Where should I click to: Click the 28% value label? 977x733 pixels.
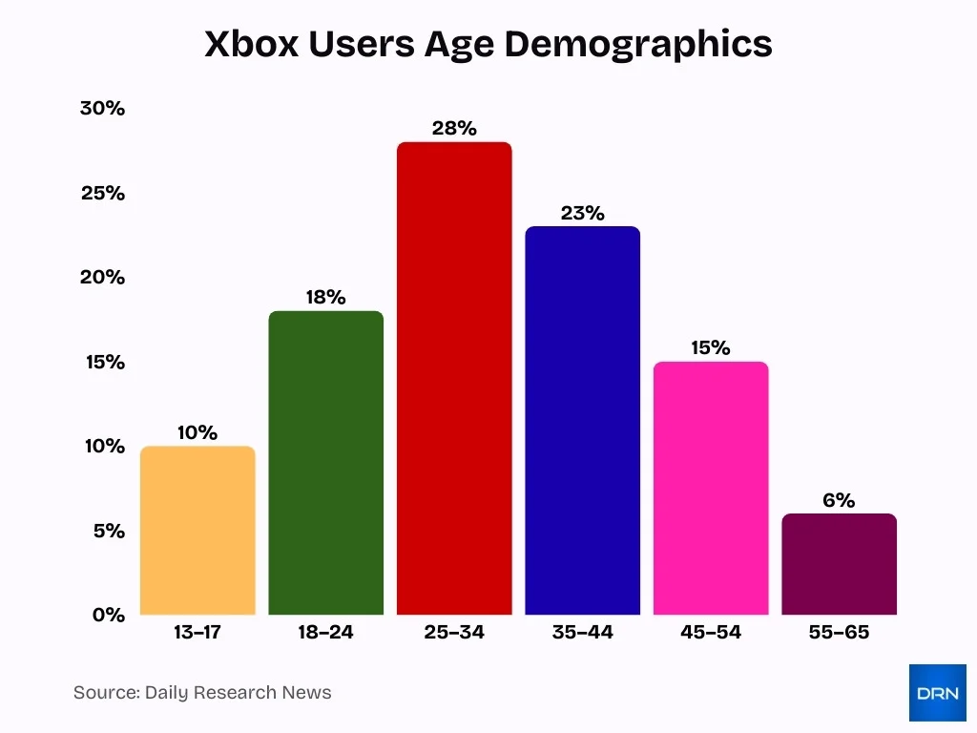coord(454,128)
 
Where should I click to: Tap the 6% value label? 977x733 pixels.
coord(839,500)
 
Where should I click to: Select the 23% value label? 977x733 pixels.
coord(582,213)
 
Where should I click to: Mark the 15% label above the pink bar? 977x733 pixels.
coord(711,347)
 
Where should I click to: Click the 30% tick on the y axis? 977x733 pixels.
coord(103,108)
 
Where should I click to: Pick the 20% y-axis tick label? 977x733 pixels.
coord(103,277)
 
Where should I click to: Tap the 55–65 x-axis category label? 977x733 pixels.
coord(839,632)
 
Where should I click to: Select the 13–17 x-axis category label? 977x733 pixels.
coord(197,632)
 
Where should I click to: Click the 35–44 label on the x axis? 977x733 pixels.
coord(582,632)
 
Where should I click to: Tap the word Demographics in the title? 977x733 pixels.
coord(638,45)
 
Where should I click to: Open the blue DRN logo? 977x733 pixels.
coord(937,693)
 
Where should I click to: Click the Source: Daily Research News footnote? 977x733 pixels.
coord(202,693)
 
